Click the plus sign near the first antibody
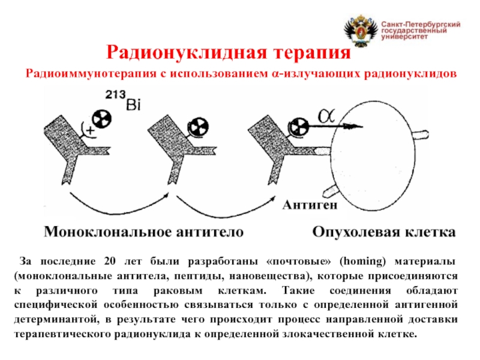click(90, 129)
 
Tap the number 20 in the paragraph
click(109, 263)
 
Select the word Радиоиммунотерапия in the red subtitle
click(94, 73)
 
